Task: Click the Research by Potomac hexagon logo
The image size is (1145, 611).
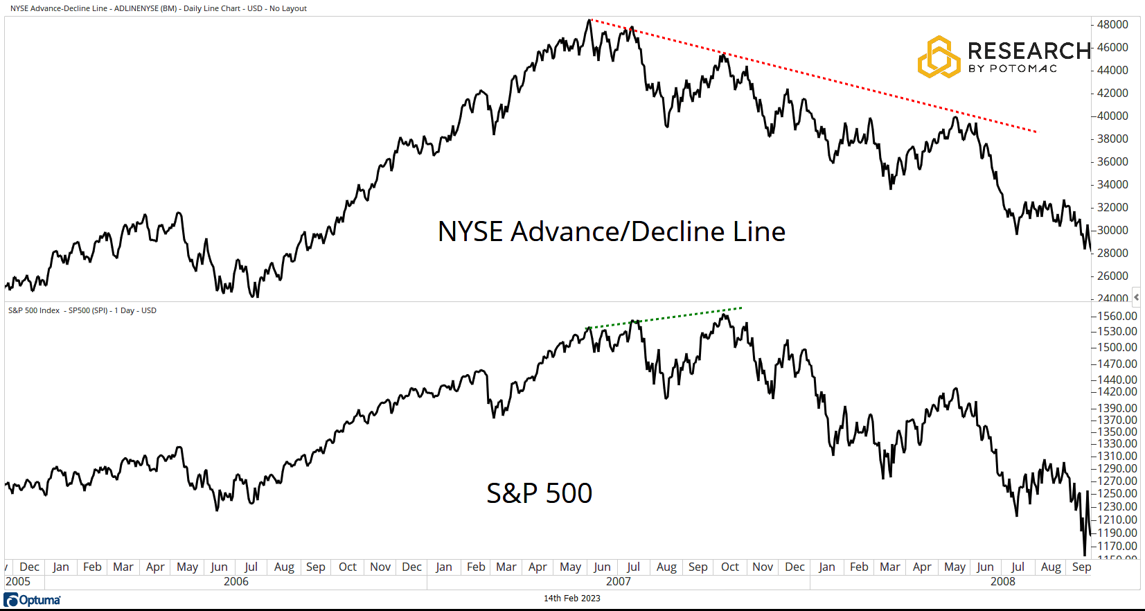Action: [939, 57]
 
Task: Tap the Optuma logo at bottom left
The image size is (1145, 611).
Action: [33, 600]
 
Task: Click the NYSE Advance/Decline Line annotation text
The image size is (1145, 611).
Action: [611, 231]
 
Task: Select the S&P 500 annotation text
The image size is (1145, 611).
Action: [539, 493]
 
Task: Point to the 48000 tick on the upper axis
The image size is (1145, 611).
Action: [1112, 24]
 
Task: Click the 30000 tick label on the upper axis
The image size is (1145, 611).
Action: [1112, 230]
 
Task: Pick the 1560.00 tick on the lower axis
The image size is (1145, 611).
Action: [1117, 316]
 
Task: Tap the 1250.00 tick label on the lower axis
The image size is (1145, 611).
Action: [1117, 493]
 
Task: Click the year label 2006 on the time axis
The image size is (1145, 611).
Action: [236, 581]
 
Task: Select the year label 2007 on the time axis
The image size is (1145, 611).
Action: [618, 581]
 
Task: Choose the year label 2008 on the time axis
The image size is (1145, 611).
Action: [1002, 581]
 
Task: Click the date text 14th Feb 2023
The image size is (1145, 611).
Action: [571, 599]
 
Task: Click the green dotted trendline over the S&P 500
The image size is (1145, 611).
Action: [665, 318]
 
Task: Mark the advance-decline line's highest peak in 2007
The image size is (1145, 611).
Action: [589, 20]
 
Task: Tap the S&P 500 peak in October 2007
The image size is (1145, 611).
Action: [725, 315]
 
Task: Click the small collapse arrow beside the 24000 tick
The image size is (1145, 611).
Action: [1136, 297]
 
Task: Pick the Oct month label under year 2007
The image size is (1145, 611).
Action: [729, 567]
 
